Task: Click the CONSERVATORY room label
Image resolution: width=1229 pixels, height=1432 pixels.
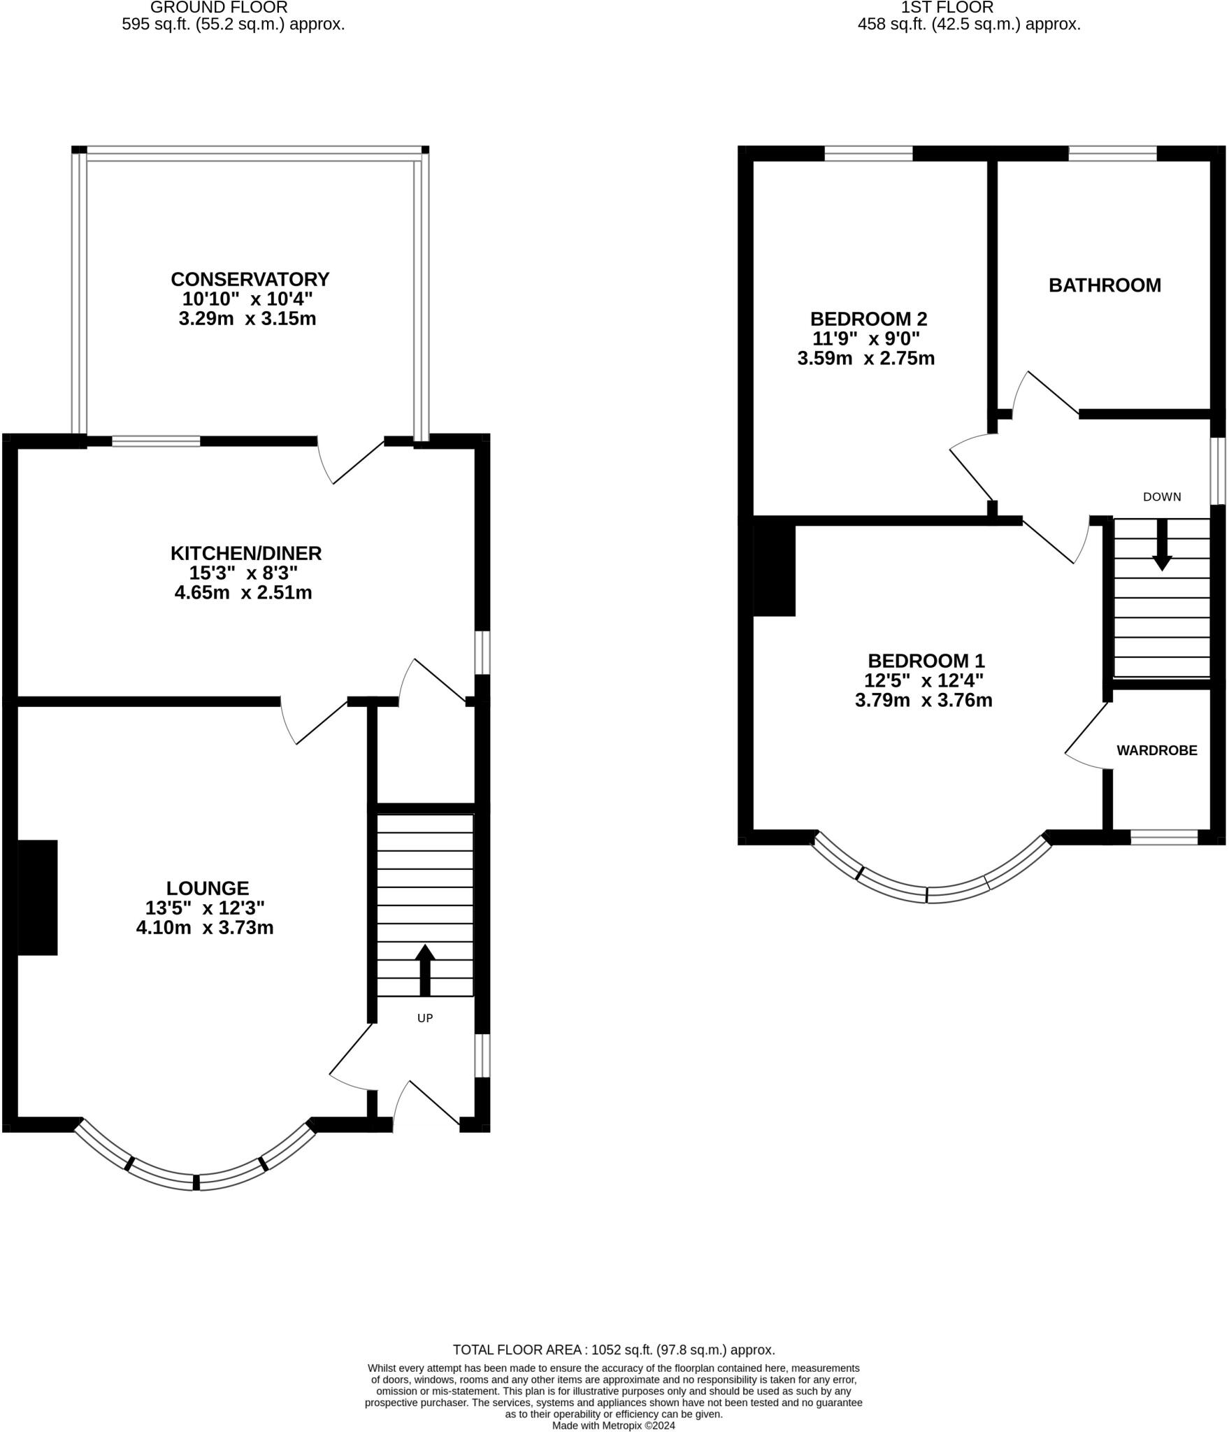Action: coord(250,279)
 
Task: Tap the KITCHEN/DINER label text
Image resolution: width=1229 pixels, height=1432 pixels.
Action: coord(246,553)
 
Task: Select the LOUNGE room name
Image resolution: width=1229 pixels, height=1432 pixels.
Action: coord(208,888)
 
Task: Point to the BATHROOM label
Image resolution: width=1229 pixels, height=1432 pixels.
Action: coord(1105,285)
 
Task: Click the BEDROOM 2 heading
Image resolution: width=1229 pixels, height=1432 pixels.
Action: coord(868,319)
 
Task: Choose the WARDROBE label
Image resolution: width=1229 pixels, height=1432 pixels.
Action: coord(1157,750)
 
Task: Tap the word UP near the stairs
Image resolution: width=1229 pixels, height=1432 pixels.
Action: coord(425,1018)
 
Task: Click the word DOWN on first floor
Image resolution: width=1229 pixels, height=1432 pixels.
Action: coord(1162,496)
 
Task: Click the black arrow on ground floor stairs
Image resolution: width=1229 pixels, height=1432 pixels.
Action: coord(425,970)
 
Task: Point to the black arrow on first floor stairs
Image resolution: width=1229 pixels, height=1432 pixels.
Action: coord(1162,545)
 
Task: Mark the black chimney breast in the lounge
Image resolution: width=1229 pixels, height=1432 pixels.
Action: coord(37,897)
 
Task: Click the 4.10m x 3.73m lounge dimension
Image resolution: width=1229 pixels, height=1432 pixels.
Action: coord(205,928)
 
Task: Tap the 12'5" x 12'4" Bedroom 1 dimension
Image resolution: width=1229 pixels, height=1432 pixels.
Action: coord(924,680)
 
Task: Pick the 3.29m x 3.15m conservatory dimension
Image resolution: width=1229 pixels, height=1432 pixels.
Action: coord(247,319)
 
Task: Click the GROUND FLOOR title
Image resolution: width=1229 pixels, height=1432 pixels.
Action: coord(219,8)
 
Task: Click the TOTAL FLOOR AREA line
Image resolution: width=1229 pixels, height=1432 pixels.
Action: coord(614,1349)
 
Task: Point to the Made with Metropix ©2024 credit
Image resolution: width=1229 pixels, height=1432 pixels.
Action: coord(614,1426)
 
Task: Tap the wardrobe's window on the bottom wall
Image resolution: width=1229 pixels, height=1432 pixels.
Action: coord(1164,837)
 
